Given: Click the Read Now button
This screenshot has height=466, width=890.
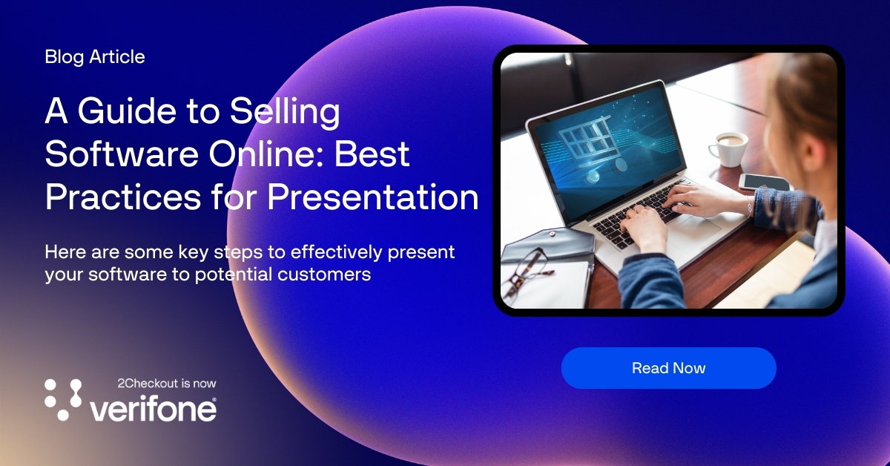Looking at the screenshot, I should [x=668, y=368].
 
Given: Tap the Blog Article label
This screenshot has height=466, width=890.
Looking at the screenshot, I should [x=94, y=57].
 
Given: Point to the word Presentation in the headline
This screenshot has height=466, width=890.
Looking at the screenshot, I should [x=372, y=197].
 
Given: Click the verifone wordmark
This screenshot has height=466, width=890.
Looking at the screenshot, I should [x=153, y=409].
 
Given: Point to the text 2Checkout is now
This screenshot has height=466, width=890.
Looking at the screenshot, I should [x=167, y=384].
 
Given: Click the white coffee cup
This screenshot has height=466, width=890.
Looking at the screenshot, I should [x=728, y=148].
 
